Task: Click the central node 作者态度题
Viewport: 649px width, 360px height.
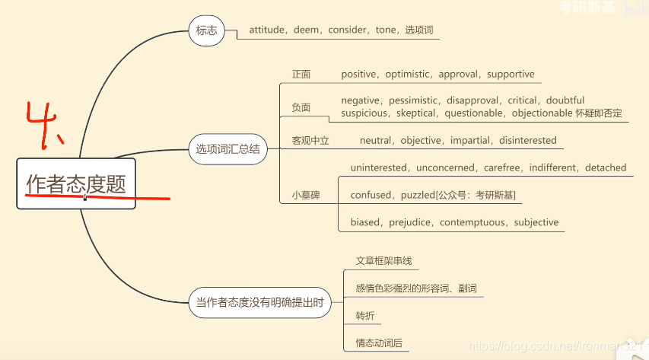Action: tap(76, 183)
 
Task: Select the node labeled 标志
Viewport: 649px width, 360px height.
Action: tap(206, 31)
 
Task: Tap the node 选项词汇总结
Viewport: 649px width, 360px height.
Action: tap(228, 149)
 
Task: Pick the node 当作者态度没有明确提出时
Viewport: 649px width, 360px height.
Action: tap(260, 302)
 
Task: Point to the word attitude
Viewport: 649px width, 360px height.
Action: tap(266, 30)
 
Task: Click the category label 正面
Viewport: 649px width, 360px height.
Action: tap(301, 75)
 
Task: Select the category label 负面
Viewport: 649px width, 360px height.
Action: tap(301, 107)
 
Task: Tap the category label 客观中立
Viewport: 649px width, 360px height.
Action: tap(310, 141)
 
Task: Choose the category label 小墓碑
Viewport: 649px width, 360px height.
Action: tap(306, 196)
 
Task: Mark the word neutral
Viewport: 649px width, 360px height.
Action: tap(376, 141)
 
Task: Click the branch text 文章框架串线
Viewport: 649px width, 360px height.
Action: tap(383, 261)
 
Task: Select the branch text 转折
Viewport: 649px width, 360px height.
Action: tap(365, 316)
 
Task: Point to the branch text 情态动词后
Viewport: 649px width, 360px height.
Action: tap(379, 343)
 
